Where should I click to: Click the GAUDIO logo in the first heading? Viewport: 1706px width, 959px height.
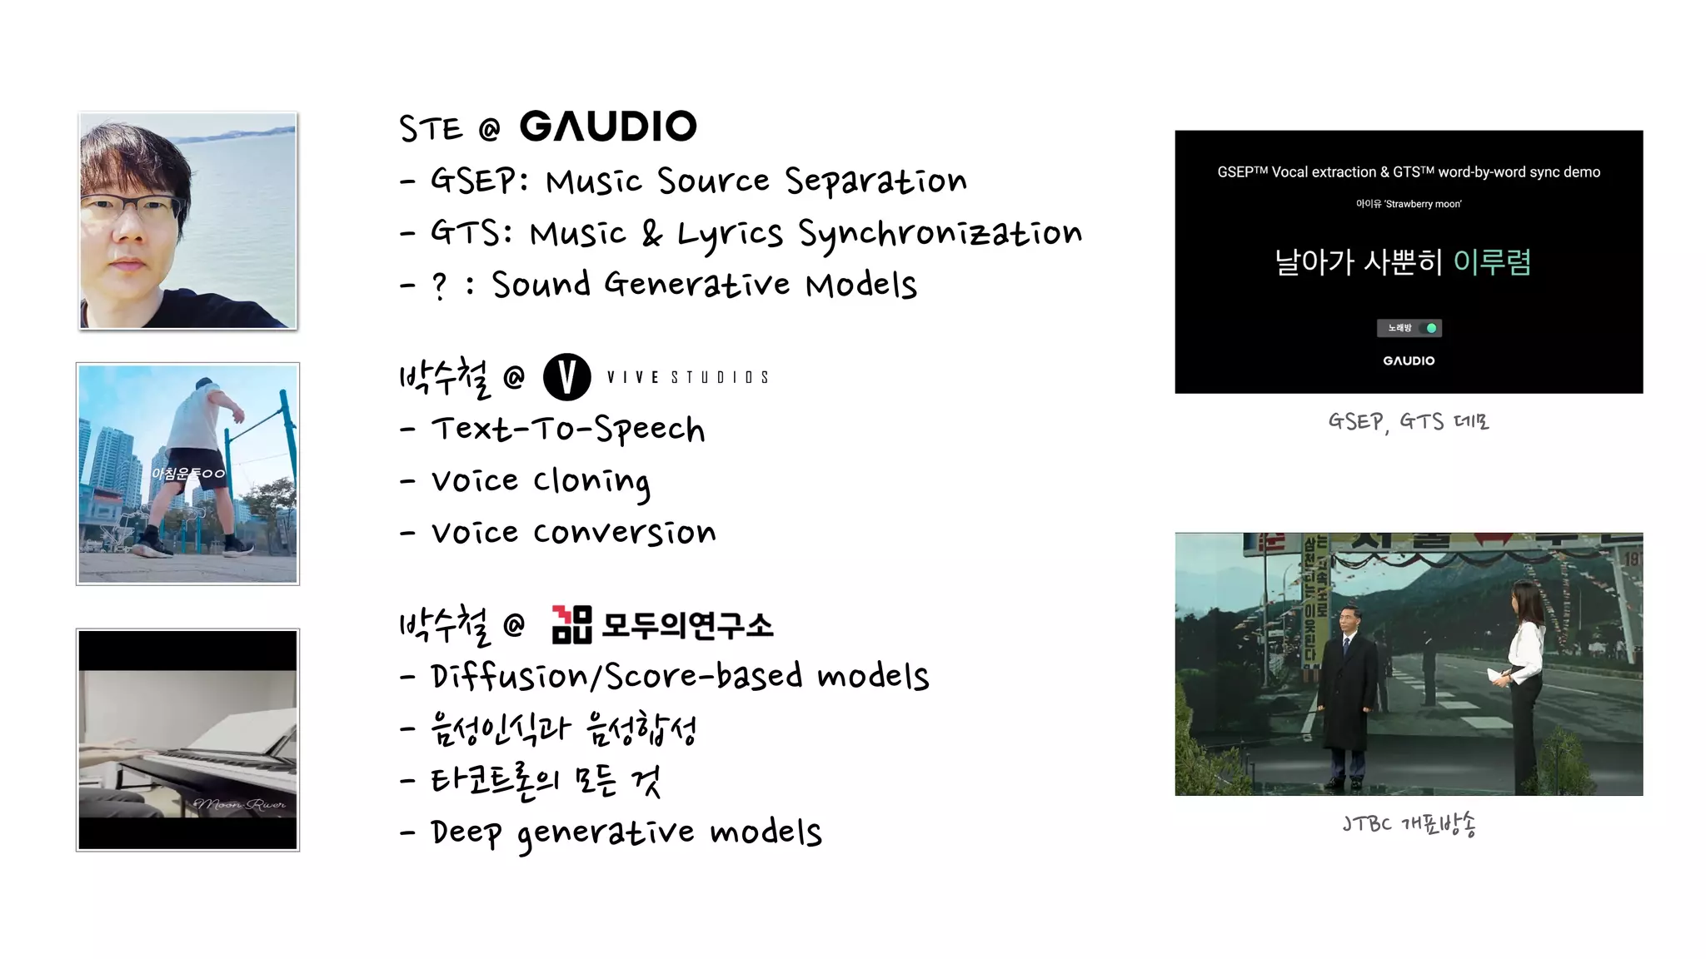(x=608, y=127)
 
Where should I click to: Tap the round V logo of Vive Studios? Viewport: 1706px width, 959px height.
(x=566, y=376)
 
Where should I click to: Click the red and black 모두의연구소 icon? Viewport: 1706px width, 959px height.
(x=571, y=624)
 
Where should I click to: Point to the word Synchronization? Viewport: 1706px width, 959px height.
(x=940, y=234)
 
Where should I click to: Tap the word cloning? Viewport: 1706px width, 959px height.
(x=591, y=482)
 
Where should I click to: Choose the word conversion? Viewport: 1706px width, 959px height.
(x=624, y=533)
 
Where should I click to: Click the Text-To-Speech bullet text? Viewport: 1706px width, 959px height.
(x=568, y=430)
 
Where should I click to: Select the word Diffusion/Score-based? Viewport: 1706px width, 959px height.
(x=616, y=676)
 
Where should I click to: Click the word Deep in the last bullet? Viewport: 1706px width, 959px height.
(x=466, y=832)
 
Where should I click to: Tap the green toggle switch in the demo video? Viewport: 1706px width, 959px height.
(x=1430, y=328)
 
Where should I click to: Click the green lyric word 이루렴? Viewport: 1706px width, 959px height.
(x=1491, y=262)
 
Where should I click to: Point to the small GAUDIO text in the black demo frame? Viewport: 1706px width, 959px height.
(x=1409, y=360)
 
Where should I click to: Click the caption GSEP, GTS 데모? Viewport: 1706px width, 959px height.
(x=1408, y=422)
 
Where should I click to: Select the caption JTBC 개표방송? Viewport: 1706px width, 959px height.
(x=1409, y=824)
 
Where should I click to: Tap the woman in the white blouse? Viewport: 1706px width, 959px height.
(x=1526, y=666)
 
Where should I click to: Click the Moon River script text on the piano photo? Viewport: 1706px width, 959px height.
(x=240, y=804)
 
